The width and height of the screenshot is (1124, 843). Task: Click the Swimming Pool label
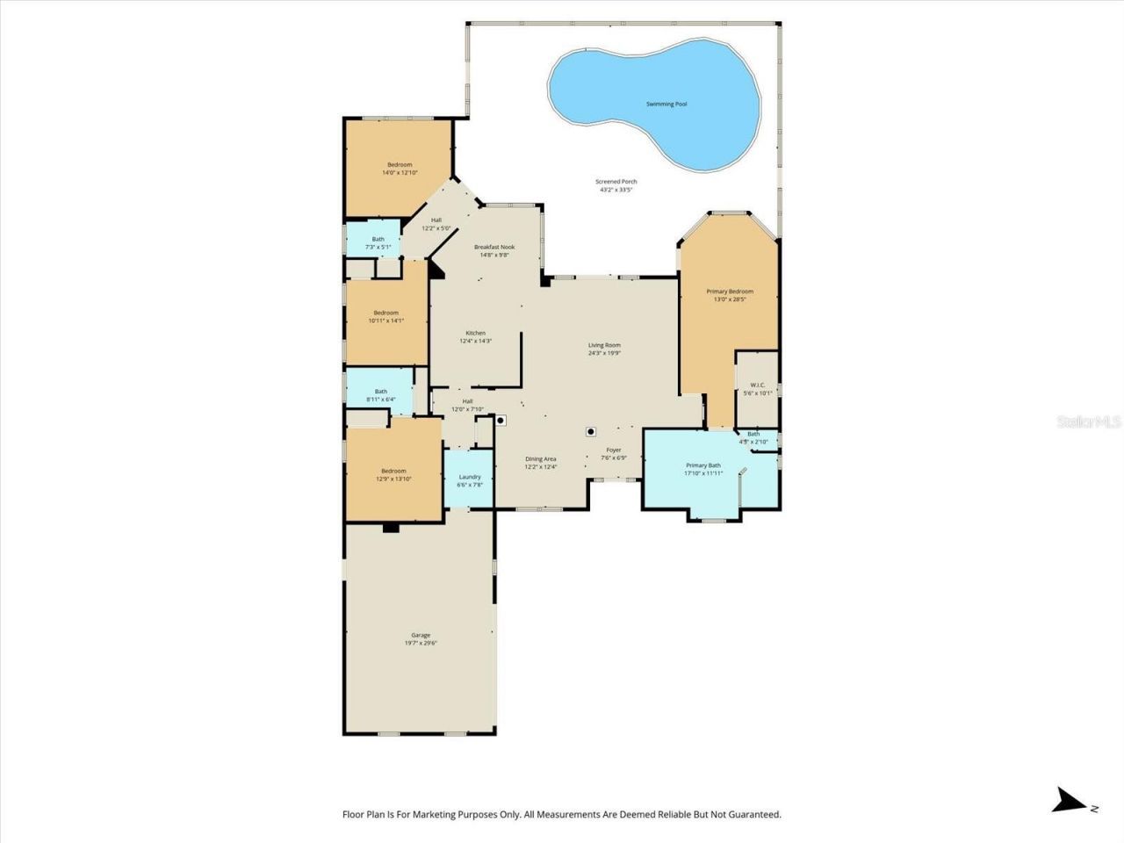[x=666, y=104]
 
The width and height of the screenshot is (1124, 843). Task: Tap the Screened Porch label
[x=616, y=182]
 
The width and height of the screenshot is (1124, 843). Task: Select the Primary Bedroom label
[x=730, y=292]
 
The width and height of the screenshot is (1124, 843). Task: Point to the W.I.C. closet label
[x=757, y=385]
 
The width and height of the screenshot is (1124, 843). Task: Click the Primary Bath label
[x=703, y=465]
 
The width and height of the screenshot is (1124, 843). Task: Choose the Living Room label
[x=604, y=345]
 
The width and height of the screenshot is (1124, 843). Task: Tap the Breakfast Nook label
[x=494, y=247]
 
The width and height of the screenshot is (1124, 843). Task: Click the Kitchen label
[x=475, y=333]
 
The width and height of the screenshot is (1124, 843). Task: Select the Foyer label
[x=613, y=450]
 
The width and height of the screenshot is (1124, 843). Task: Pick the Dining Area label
[x=541, y=458]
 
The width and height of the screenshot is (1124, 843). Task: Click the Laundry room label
[x=470, y=477]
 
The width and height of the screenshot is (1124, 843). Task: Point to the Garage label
[x=421, y=635]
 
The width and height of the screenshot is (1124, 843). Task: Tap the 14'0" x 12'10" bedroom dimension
[x=400, y=173]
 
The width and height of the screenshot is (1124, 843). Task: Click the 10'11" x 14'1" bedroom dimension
[x=385, y=321]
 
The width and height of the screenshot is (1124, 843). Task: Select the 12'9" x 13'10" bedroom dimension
[x=393, y=479]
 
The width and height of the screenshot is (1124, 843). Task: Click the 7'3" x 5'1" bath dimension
[x=378, y=247]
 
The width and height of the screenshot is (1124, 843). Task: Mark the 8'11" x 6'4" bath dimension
[x=381, y=400]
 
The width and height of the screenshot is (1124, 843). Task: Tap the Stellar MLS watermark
[x=1089, y=422]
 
